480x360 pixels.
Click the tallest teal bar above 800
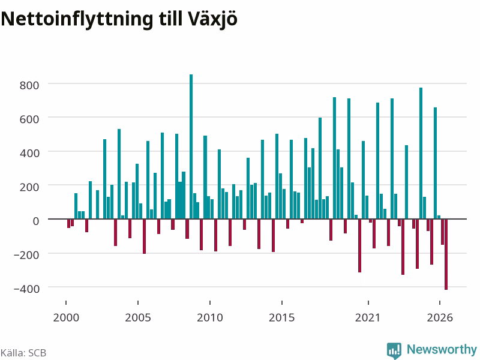tap(191, 146)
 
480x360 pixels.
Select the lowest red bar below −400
tap(446, 254)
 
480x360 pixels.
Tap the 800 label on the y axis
tap(29, 85)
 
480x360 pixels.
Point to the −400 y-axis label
tap(26, 289)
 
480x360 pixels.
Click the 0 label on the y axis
tap(36, 221)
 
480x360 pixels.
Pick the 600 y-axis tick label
tap(29, 119)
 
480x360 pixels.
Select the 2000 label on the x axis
tap(66, 317)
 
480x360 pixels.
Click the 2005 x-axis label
tap(138, 317)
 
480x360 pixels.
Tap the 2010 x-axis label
tap(210, 317)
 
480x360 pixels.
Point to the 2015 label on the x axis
tap(282, 317)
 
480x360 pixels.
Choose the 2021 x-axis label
tap(368, 317)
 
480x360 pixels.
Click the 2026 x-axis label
tap(440, 317)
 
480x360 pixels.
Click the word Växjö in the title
tap(213, 20)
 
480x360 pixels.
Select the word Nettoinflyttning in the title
tap(77, 20)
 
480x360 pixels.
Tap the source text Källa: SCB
tap(23, 353)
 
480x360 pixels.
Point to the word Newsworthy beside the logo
tap(442, 349)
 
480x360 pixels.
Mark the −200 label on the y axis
tap(26, 254)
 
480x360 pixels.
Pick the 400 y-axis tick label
tap(29, 154)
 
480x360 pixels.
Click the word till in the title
tap(170, 19)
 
